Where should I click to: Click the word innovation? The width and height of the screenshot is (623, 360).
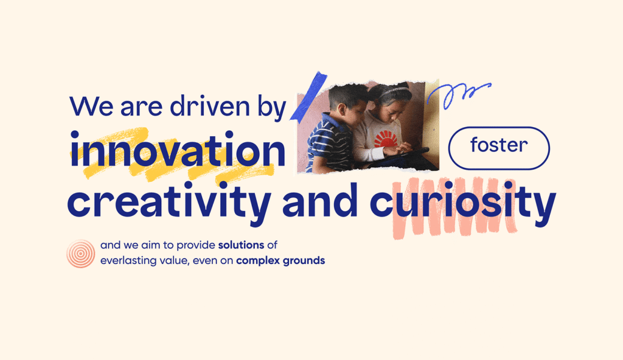tap(178, 150)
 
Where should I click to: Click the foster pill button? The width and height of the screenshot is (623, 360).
tap(499, 148)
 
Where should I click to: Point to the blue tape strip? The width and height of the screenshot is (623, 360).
tap(308, 95)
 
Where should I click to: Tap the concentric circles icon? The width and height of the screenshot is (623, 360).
tap(81, 254)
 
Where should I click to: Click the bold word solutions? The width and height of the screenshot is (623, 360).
tap(241, 245)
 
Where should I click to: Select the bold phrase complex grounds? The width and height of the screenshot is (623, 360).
tap(280, 261)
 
